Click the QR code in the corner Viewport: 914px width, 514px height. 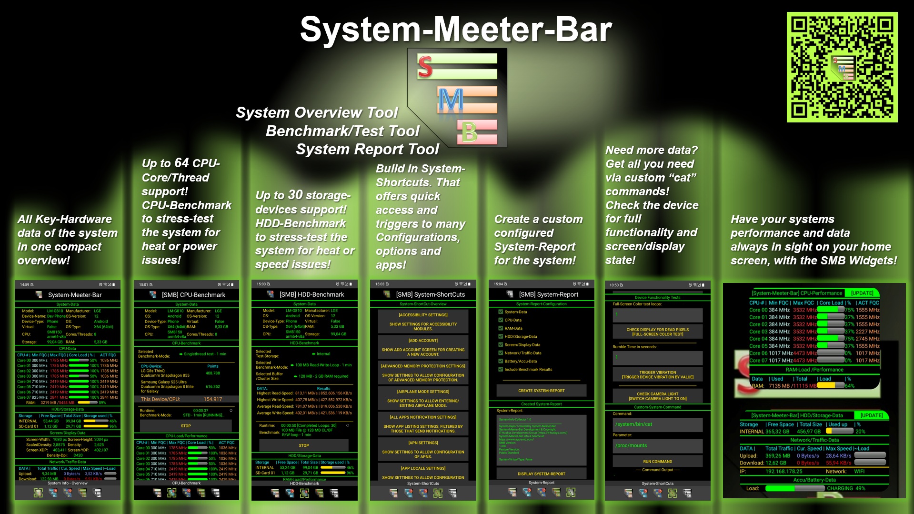[x=842, y=67]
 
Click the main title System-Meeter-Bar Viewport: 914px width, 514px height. [x=455, y=30]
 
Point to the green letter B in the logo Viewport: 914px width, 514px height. [x=469, y=132]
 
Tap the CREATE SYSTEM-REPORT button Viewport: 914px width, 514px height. [x=541, y=391]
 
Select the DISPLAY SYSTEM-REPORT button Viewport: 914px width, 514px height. [x=541, y=474]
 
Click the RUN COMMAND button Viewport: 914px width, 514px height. [x=657, y=461]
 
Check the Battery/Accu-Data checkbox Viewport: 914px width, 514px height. [x=501, y=361]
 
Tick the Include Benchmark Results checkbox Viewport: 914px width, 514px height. [x=501, y=369]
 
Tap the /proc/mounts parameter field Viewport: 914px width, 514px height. [x=657, y=446]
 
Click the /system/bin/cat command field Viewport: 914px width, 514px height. [x=657, y=424]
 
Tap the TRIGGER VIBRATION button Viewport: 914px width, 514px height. [x=657, y=374]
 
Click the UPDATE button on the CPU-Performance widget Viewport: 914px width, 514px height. [x=862, y=293]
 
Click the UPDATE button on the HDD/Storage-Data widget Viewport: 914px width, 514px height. [x=871, y=415]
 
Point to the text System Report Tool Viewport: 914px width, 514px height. [x=367, y=150]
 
